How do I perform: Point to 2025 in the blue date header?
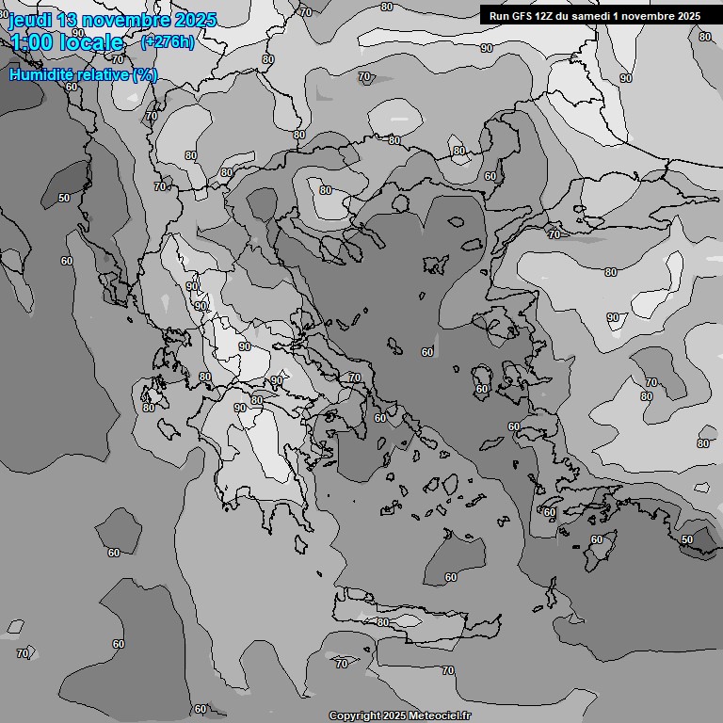(x=195, y=21)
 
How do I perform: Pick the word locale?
(x=93, y=42)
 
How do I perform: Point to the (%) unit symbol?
(x=145, y=74)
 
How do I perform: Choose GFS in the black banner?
(x=523, y=16)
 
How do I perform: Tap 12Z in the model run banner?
(x=549, y=16)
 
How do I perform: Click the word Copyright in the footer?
(x=355, y=716)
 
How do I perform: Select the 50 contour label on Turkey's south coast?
(x=686, y=539)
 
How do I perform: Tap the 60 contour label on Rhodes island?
(x=596, y=539)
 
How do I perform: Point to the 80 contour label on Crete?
(x=383, y=622)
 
